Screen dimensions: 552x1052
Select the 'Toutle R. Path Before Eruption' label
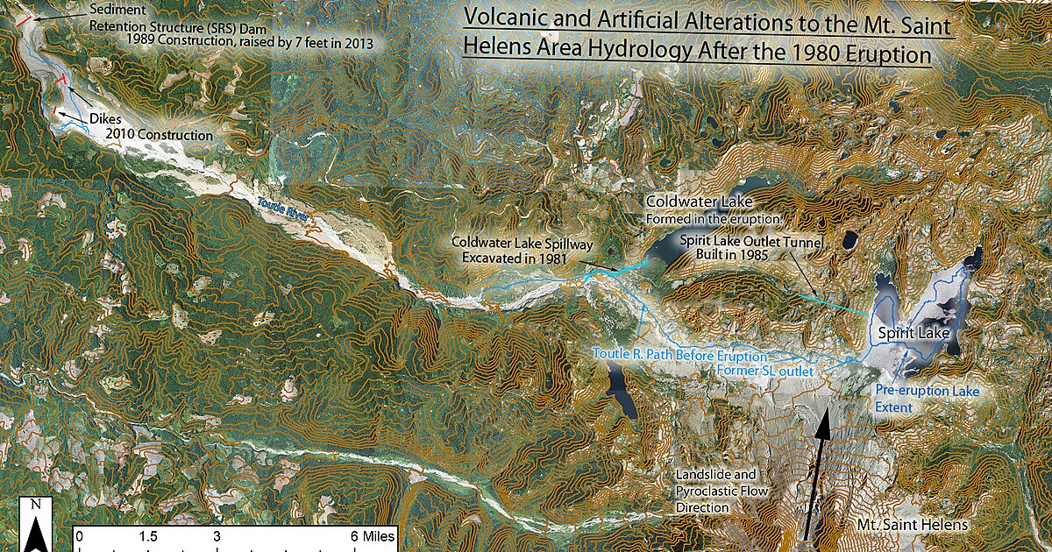point(679,356)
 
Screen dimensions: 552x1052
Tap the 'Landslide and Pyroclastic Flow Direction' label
point(721,491)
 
